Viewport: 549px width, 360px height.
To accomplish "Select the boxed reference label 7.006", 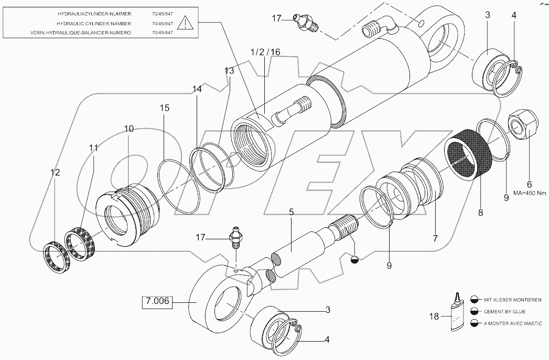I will pyautogui.click(x=157, y=303).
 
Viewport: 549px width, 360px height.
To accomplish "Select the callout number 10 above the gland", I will pyautogui.click(x=128, y=129).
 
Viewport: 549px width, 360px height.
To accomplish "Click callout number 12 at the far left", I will pyautogui.click(x=55, y=172).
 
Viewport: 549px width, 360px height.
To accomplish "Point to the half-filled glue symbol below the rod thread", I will pyautogui.click(x=354, y=258).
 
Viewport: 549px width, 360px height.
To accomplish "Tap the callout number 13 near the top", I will pyautogui.click(x=229, y=71).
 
